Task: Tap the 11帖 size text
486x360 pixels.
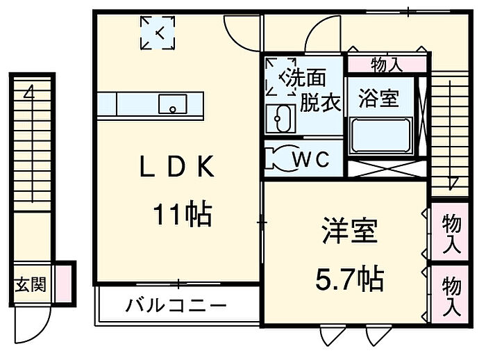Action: (182, 215)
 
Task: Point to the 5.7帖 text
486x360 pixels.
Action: (349, 279)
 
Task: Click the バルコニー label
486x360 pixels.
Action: (176, 306)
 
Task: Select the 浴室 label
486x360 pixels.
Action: (378, 99)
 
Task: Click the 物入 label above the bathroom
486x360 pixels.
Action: (386, 65)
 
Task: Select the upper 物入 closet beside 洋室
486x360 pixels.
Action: (451, 233)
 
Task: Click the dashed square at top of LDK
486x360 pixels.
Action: (158, 33)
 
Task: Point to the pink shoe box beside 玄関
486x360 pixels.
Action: (63, 283)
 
